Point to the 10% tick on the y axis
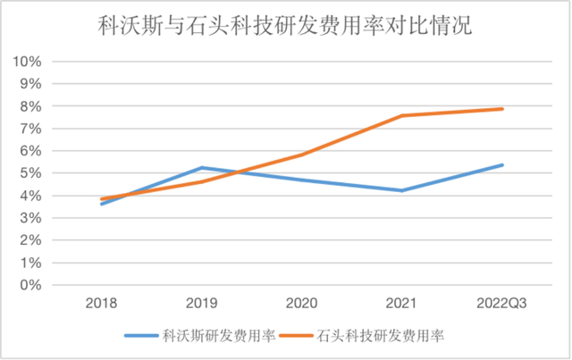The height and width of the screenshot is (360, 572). click(28, 62)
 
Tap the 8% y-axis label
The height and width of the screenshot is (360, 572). click(30, 106)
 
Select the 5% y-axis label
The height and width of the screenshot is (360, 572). click(30, 173)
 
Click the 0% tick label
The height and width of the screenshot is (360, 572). click(30, 286)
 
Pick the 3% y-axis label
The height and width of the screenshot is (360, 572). click(30, 218)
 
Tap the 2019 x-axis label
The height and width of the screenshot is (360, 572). click(202, 304)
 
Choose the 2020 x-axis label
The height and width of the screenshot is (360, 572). click(302, 304)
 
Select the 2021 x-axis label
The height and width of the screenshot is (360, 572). click(402, 304)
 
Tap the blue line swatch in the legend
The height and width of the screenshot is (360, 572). click(141, 337)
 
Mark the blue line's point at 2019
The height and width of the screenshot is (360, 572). click(202, 168)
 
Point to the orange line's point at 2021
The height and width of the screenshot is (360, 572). click(402, 116)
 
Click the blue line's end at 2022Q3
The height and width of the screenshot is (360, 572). click(502, 165)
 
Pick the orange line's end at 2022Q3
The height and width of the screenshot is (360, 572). click(502, 109)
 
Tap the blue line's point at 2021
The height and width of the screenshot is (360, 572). click(402, 190)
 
